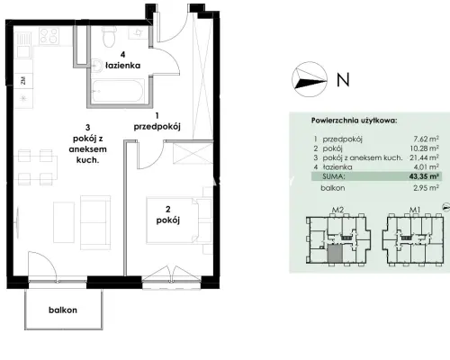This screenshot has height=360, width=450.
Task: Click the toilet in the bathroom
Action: pyautogui.click(x=109, y=37)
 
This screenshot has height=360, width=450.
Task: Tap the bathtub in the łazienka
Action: pyautogui.click(x=118, y=91)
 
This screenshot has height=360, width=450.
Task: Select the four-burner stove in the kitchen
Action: pyautogui.click(x=49, y=36)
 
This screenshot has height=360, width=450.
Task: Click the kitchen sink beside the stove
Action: pyautogui.click(x=23, y=44)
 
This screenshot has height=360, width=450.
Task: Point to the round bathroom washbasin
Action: pyautogui.click(x=97, y=65)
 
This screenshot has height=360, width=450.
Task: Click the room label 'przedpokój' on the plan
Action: pyautogui.click(x=157, y=127)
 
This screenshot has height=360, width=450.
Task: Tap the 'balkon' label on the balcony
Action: pyautogui.click(x=63, y=310)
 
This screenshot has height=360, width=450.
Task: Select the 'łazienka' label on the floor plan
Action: pyautogui.click(x=122, y=65)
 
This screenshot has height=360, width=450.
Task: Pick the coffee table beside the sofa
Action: pyautogui.click(x=64, y=221)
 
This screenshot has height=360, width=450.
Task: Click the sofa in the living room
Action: pyautogui.click(x=95, y=222)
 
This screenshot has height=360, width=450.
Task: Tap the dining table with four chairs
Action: pyautogui.click(x=38, y=167)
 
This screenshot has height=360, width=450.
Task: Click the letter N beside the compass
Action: pyautogui.click(x=343, y=80)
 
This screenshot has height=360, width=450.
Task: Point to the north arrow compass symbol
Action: pyautogui.click(x=310, y=79)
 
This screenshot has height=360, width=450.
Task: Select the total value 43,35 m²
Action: pyautogui.click(x=424, y=176)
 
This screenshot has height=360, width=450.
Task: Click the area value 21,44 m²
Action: pyautogui.click(x=424, y=157)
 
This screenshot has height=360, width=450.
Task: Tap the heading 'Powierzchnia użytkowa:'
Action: pyautogui.click(x=354, y=121)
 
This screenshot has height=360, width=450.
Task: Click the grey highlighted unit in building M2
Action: pyautogui.click(x=335, y=253)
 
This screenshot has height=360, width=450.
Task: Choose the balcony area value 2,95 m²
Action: pyautogui.click(x=426, y=188)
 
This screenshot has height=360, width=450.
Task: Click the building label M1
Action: pyautogui.click(x=414, y=210)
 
